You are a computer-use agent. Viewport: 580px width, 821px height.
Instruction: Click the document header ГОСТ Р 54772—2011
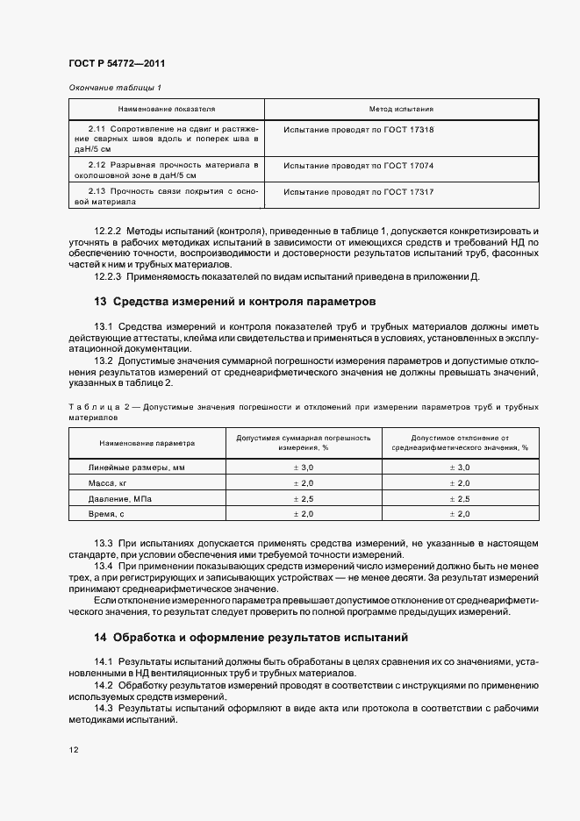click(x=117, y=65)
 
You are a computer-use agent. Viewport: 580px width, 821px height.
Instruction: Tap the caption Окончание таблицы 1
click(x=114, y=88)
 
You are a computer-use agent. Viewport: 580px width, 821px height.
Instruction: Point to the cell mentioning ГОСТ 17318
click(x=360, y=130)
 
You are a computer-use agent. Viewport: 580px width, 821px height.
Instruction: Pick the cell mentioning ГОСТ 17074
click(x=360, y=165)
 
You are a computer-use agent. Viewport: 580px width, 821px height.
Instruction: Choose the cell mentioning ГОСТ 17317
click(x=360, y=191)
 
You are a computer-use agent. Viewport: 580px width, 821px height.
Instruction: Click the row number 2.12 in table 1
click(x=97, y=165)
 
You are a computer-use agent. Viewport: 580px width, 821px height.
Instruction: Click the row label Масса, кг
click(x=108, y=483)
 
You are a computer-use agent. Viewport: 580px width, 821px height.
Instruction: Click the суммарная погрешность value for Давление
click(x=303, y=498)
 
